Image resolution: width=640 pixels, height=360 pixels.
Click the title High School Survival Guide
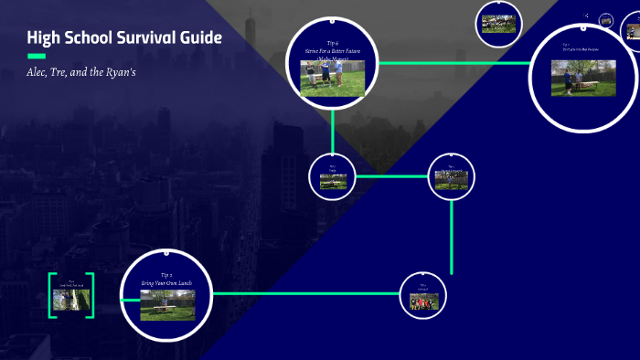[x=123, y=38]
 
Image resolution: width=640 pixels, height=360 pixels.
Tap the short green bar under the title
[x=37, y=57]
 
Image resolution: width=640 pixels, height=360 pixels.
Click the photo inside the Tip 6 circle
[x=333, y=79]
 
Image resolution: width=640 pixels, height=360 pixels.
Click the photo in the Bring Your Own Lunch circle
[x=166, y=305]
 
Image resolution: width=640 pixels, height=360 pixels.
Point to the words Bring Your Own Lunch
[x=166, y=283]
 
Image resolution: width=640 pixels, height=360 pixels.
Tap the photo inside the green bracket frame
[x=70, y=300]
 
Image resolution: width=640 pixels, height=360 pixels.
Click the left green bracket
[x=51, y=295]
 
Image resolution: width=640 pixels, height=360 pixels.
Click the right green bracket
[x=91, y=295]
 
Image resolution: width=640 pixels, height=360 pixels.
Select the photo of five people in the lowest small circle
[x=423, y=301]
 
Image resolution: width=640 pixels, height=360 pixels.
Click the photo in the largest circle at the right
[x=583, y=79]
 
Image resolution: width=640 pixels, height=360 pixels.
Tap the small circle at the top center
[x=499, y=24]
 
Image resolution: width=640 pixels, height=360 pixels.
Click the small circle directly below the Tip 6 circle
[x=332, y=177]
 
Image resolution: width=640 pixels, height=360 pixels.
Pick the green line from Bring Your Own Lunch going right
[x=306, y=293]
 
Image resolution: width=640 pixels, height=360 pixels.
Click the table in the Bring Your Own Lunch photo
[x=166, y=310]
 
